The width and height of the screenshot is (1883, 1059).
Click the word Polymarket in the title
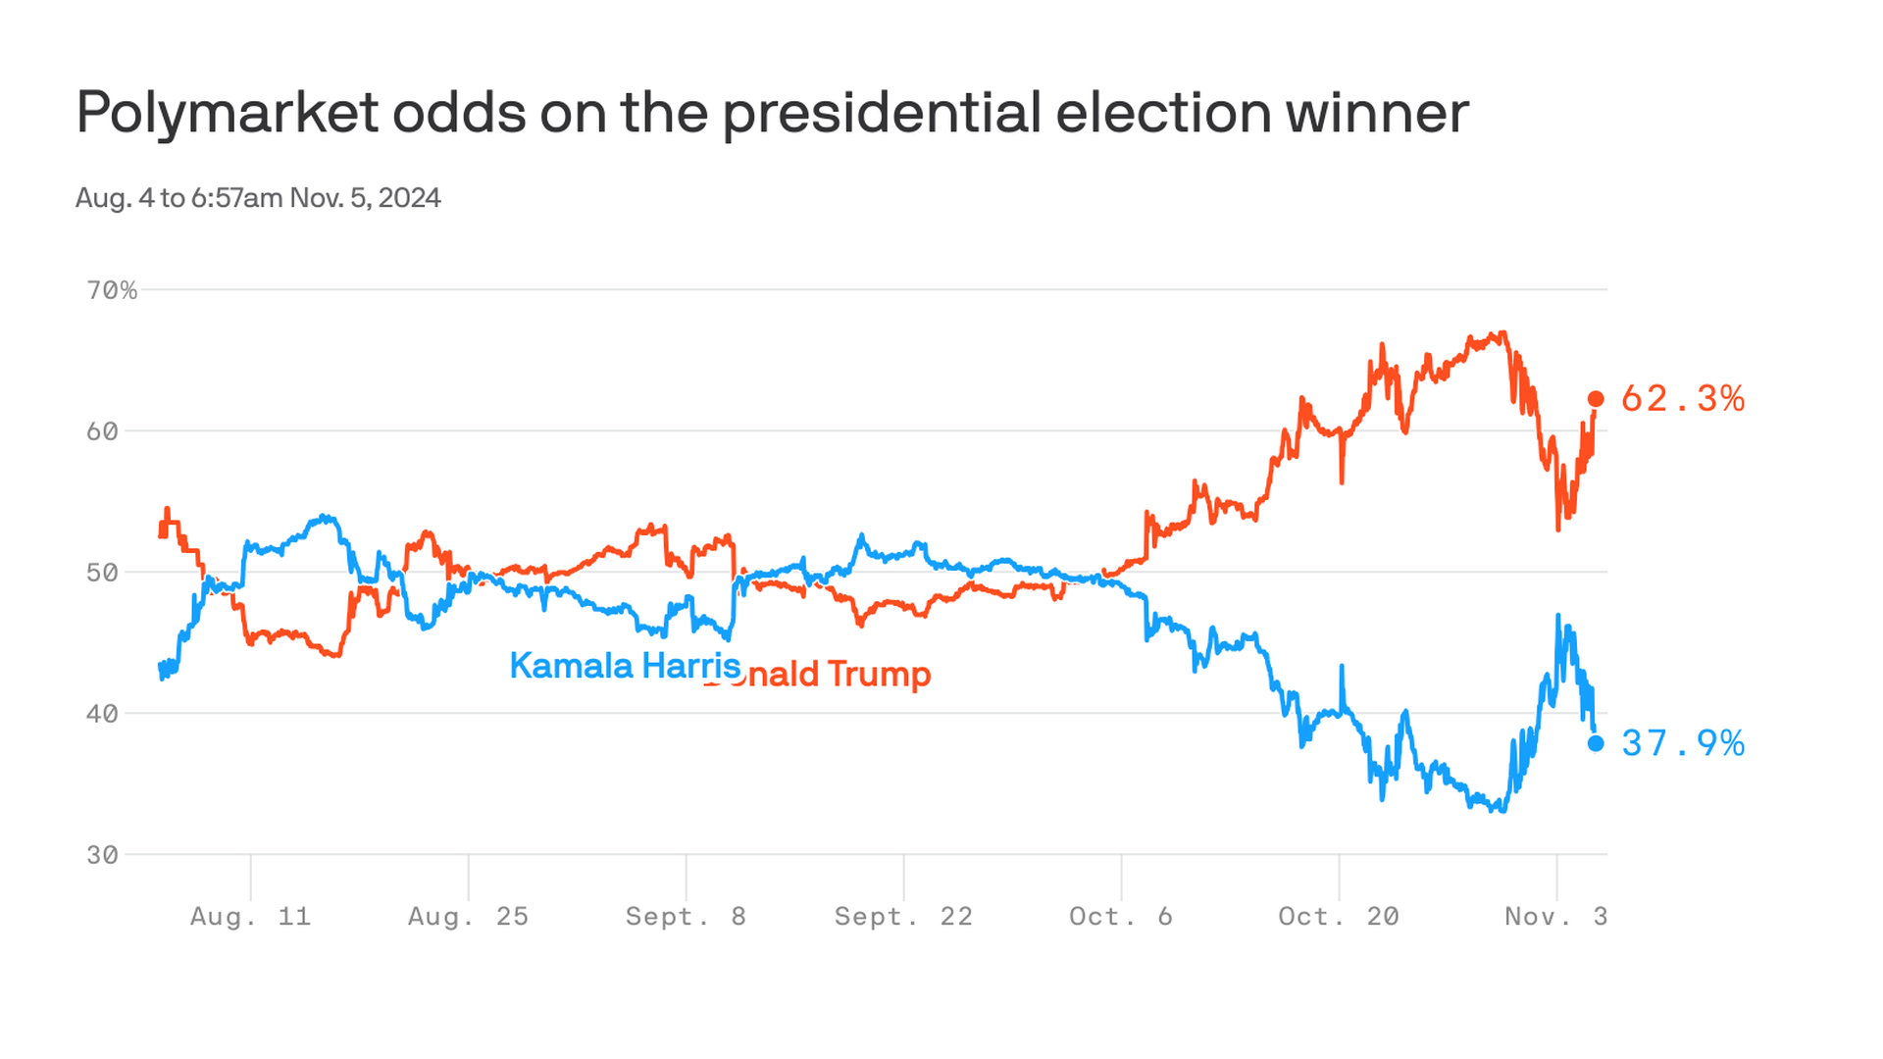click(x=227, y=114)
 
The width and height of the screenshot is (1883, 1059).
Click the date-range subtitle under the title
click(x=258, y=198)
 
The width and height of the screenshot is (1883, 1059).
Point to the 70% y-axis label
click(x=112, y=290)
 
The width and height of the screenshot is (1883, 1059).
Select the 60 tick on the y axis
click(x=102, y=431)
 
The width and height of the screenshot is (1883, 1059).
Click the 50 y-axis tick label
click(x=102, y=573)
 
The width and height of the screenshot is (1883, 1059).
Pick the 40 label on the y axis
click(x=102, y=714)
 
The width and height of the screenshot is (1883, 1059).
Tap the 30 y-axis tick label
click(x=102, y=855)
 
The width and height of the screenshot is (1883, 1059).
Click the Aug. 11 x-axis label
click(x=250, y=917)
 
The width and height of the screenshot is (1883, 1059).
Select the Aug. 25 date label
click(x=468, y=917)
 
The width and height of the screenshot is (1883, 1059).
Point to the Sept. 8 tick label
click(x=686, y=917)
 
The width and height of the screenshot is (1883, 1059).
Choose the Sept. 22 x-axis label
click(x=903, y=917)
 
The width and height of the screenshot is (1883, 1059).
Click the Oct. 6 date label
click(x=1121, y=917)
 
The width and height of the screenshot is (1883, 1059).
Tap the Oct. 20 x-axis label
click(x=1339, y=917)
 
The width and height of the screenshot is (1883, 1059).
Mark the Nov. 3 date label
click(x=1555, y=917)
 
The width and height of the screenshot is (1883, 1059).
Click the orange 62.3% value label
click(x=1683, y=399)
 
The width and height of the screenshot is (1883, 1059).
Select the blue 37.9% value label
click(x=1683, y=743)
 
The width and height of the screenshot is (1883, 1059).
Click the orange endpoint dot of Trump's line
click(x=1596, y=399)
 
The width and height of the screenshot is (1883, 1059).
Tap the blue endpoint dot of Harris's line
click(x=1596, y=743)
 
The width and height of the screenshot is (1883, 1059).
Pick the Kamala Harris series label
click(x=625, y=666)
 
